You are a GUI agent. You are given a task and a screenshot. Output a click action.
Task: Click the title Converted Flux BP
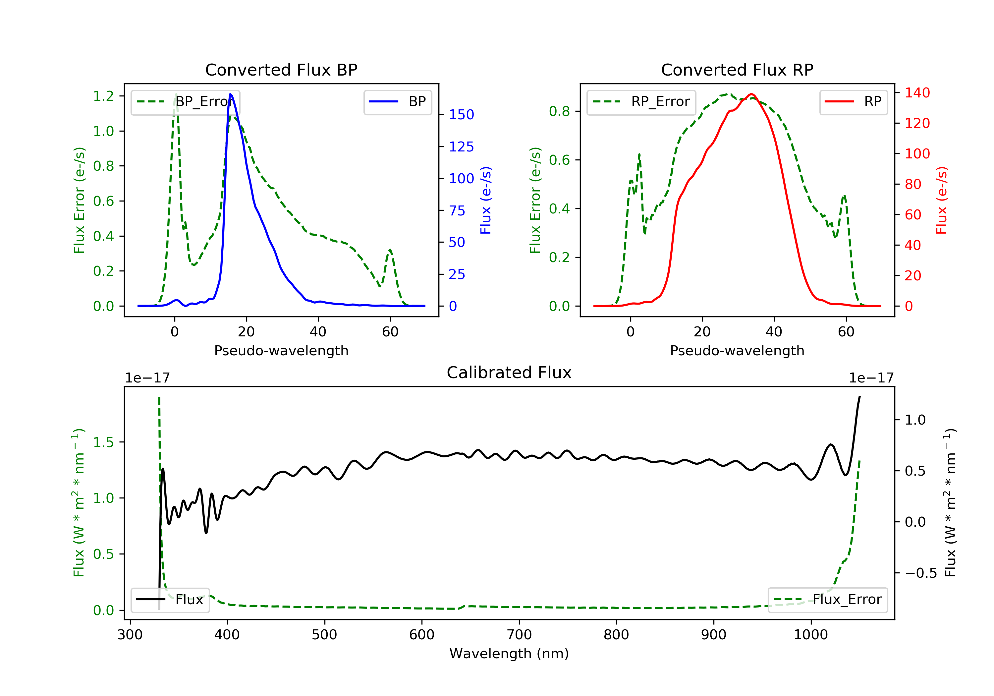(x=281, y=70)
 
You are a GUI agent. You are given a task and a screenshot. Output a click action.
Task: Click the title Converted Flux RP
(x=737, y=70)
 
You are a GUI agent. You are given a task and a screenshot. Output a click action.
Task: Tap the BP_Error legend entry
(x=185, y=102)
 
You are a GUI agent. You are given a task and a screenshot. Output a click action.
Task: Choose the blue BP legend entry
(x=397, y=102)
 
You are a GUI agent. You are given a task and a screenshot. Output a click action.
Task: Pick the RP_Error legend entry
(x=641, y=102)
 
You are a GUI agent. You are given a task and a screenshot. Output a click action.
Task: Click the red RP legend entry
(x=853, y=102)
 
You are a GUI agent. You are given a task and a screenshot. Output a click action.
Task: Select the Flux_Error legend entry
(x=827, y=600)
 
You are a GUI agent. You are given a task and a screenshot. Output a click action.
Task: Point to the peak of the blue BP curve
(x=230, y=94)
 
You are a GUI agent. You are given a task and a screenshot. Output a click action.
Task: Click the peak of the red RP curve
(x=751, y=94)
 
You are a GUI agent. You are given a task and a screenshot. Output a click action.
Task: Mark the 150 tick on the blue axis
(x=461, y=115)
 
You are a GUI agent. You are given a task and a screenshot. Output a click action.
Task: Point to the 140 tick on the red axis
(x=917, y=93)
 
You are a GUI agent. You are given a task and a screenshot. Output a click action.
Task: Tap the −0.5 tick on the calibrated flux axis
(x=920, y=573)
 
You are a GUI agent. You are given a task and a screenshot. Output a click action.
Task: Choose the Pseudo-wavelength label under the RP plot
(x=737, y=351)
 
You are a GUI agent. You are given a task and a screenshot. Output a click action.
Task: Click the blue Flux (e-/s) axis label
(x=486, y=200)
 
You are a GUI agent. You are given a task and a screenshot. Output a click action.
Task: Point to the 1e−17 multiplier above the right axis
(x=871, y=378)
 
